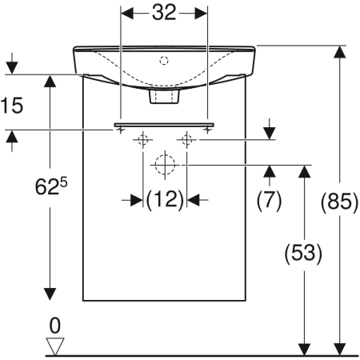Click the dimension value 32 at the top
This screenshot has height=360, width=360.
(x=164, y=13)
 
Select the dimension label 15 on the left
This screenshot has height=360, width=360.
(x=12, y=106)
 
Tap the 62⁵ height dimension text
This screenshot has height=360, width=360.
(x=51, y=186)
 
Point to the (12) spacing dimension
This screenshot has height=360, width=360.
(x=165, y=200)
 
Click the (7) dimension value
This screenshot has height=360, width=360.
(x=269, y=201)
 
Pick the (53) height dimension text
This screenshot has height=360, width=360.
(x=303, y=254)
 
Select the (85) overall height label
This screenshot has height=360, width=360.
(x=339, y=202)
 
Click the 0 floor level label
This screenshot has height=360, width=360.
(x=55, y=326)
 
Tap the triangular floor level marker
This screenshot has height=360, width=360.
(x=55, y=346)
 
